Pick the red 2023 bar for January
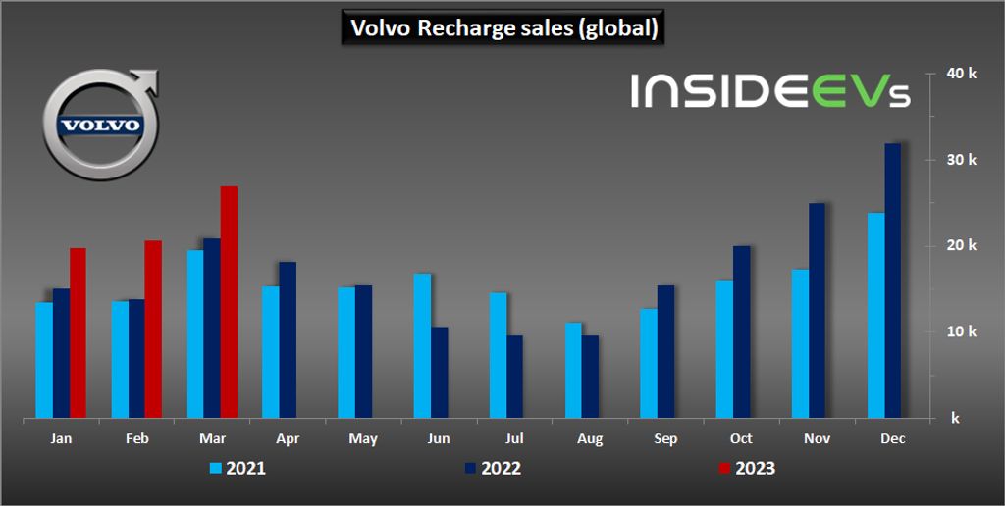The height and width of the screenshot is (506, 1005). (x=78, y=333)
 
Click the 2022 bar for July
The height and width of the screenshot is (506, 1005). (x=514, y=378)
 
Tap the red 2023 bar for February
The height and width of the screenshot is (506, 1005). (x=153, y=329)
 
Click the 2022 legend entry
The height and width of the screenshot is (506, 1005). (x=490, y=468)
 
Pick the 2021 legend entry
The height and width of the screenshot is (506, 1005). (x=237, y=468)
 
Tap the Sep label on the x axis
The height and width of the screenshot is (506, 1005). (x=665, y=439)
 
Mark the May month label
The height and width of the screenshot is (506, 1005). (x=363, y=439)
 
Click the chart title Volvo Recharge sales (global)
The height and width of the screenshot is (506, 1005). (x=503, y=27)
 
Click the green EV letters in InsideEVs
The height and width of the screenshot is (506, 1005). (x=832, y=91)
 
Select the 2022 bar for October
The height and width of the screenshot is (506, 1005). (x=741, y=332)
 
